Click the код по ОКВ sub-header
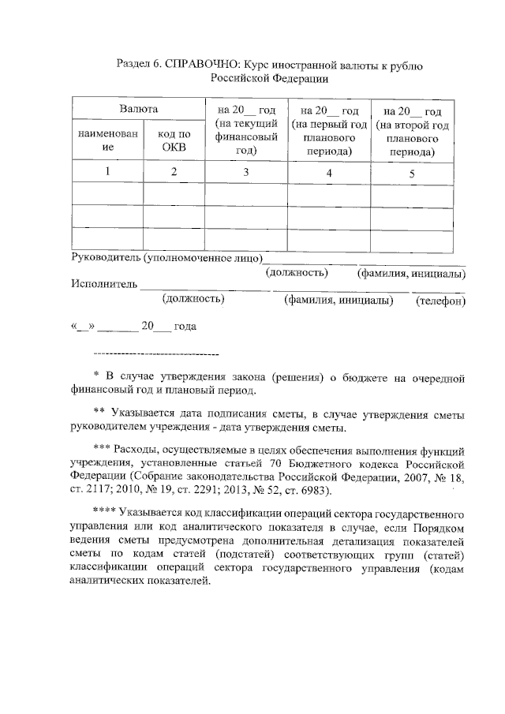(172, 140)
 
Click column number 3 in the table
(245, 171)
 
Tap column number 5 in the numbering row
(412, 173)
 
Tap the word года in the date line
(186, 326)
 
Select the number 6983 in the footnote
(309, 489)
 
